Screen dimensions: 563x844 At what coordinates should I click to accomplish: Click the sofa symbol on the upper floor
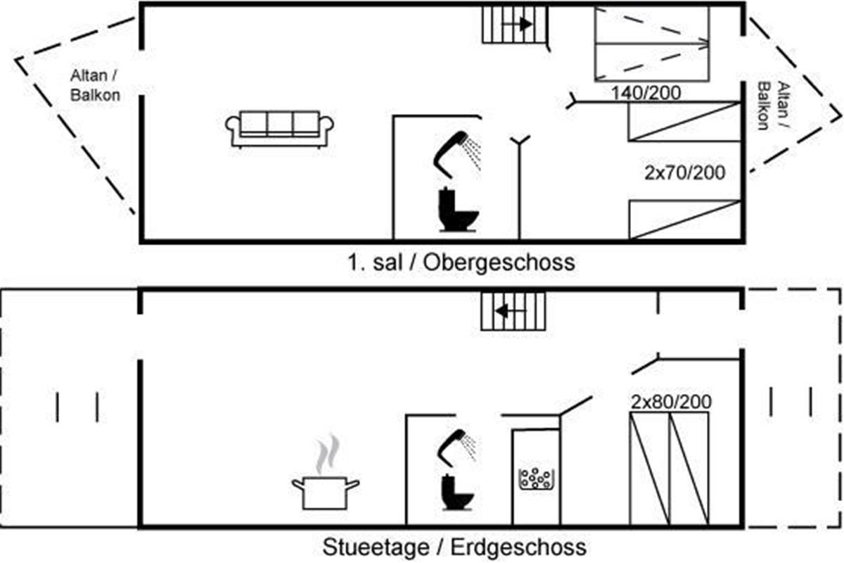[279, 129]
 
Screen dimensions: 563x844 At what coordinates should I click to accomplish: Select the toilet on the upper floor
[458, 210]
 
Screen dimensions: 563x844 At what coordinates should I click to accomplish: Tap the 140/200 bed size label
[645, 92]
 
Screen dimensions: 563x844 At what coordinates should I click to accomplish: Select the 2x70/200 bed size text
[684, 172]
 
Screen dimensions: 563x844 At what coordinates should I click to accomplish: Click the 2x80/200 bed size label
[670, 402]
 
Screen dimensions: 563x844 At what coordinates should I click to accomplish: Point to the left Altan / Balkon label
[95, 86]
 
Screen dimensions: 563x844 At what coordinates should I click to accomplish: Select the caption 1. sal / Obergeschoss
[461, 262]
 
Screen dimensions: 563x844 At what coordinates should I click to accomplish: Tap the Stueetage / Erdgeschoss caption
[454, 546]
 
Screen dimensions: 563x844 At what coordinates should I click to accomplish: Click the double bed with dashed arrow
[652, 42]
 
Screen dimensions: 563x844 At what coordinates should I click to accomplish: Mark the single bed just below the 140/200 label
[684, 122]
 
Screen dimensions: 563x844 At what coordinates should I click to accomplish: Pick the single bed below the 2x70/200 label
[684, 220]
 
